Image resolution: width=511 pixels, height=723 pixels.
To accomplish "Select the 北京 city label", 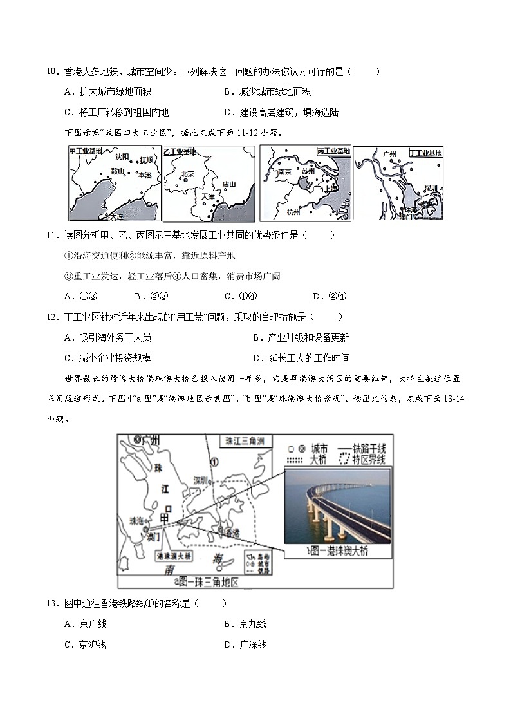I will point(187,173).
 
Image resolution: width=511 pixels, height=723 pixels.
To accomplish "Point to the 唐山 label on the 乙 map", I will point(228,184).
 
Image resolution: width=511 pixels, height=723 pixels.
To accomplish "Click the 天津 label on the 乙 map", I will point(207,196).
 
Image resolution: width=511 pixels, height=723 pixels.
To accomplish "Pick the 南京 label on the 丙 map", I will point(284,173).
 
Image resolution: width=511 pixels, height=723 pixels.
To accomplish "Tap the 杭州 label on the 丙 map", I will point(293,212).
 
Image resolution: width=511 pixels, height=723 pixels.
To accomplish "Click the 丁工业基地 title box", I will point(426,153).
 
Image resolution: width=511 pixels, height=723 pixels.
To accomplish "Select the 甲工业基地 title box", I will point(86,151).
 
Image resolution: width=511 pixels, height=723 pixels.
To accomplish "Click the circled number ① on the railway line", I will point(214,460).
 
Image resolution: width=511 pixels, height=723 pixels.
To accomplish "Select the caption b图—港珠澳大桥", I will point(337,551).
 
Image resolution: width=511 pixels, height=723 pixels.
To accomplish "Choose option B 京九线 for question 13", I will point(245,624).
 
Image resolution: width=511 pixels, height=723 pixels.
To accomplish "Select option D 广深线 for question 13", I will point(245,644).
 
